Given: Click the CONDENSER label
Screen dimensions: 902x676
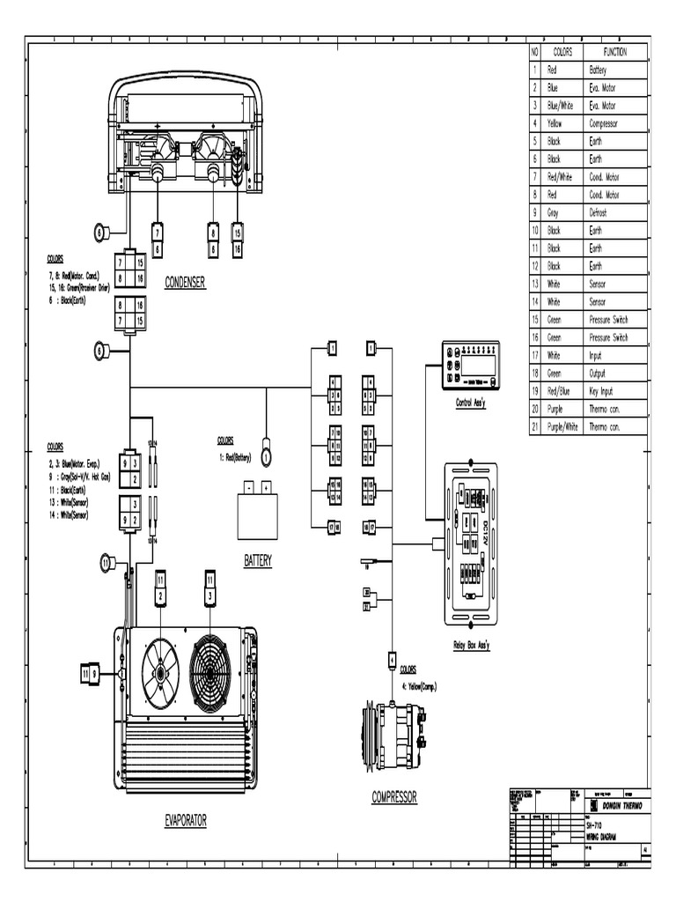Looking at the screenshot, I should [184, 283].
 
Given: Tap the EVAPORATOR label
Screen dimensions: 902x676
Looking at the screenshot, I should [186, 820].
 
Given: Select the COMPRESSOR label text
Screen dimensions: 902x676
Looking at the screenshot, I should [393, 797].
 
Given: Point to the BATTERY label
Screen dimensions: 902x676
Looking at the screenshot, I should [257, 560].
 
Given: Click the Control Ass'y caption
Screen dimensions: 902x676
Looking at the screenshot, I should [470, 403].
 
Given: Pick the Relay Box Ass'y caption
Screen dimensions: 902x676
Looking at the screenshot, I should [473, 645].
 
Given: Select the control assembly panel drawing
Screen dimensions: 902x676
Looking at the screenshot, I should [470, 366].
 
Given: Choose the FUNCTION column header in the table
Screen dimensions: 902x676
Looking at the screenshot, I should [614, 51].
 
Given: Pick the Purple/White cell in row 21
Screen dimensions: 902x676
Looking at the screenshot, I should [563, 426].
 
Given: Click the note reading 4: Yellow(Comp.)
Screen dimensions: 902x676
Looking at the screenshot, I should [418, 686].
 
